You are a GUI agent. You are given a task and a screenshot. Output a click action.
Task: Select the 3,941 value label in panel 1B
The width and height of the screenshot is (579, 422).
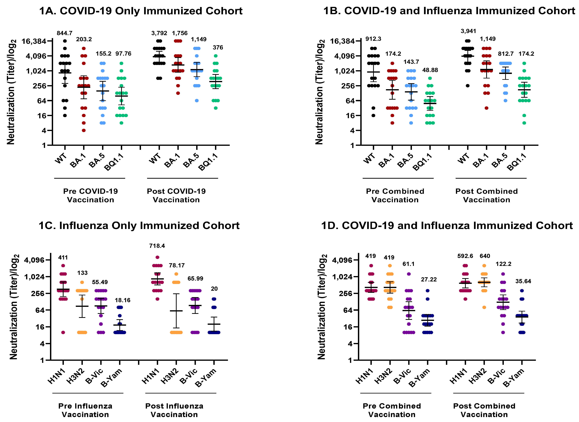click(x=468, y=31)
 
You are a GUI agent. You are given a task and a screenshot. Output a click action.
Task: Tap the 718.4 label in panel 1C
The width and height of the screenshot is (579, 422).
click(x=157, y=246)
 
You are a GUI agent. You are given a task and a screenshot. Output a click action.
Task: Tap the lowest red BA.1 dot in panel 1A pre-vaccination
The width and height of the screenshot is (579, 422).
click(x=84, y=130)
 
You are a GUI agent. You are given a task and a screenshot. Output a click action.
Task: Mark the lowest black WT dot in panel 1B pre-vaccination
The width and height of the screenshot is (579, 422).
click(x=373, y=115)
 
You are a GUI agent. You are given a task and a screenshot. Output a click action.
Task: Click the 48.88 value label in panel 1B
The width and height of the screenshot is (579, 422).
click(x=430, y=70)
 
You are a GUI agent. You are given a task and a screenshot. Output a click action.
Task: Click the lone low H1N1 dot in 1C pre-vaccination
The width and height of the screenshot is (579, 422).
click(x=63, y=332)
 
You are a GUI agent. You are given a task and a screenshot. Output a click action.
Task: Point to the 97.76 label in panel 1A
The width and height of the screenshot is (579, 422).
click(x=123, y=54)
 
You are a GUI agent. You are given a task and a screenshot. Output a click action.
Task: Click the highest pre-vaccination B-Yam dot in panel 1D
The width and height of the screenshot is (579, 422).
click(x=428, y=291)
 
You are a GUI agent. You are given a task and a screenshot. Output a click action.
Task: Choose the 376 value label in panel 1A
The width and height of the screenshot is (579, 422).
click(x=218, y=48)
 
